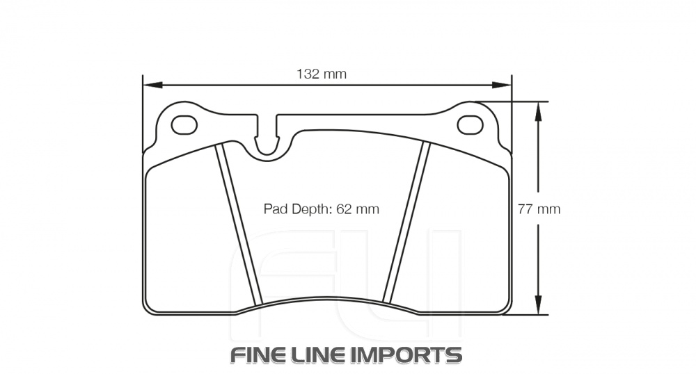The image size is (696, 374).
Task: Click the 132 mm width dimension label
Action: [x=321, y=74]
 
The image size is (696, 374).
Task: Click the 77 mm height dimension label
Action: [x=539, y=209]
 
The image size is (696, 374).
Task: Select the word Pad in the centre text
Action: [x=274, y=209]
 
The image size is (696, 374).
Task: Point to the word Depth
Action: [x=310, y=209]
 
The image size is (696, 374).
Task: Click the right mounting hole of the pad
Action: [x=470, y=124]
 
